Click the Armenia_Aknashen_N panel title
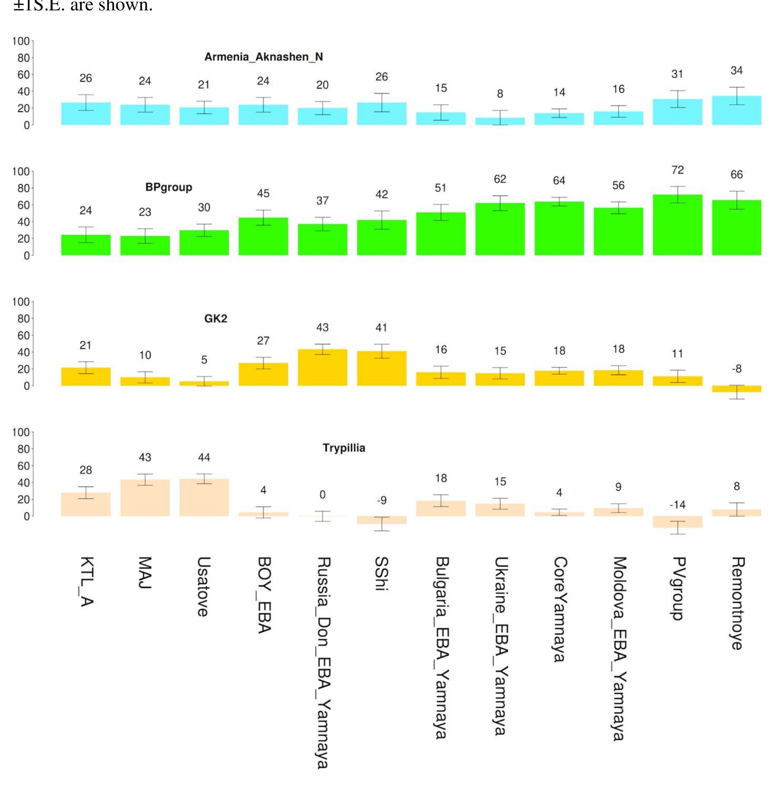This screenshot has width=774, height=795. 263,57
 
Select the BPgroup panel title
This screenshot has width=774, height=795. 168,188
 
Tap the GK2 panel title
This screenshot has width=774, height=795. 216,318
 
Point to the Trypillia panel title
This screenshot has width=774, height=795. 344,448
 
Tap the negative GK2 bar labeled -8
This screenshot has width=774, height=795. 736,389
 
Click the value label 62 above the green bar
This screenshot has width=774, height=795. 500,179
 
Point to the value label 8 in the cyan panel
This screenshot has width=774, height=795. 500,94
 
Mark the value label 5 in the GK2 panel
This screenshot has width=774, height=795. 204,360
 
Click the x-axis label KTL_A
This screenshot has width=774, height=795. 86,582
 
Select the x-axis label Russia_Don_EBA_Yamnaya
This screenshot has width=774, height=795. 323,663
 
